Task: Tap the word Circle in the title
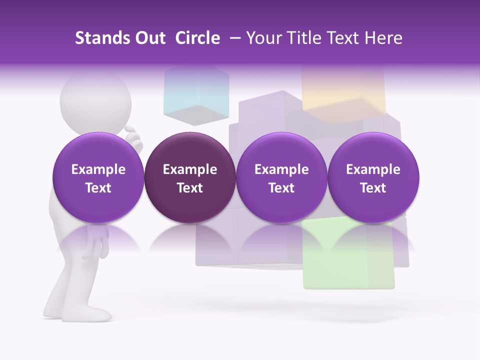pos(197,38)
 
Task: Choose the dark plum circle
pos(189,177)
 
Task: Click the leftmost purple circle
pos(98,177)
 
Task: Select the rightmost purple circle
pos(373,177)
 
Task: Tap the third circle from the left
pos(281,177)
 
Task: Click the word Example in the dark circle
pos(190,169)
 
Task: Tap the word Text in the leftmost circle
pos(98,188)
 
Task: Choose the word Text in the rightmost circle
pos(373,188)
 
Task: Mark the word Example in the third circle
pos(281,169)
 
